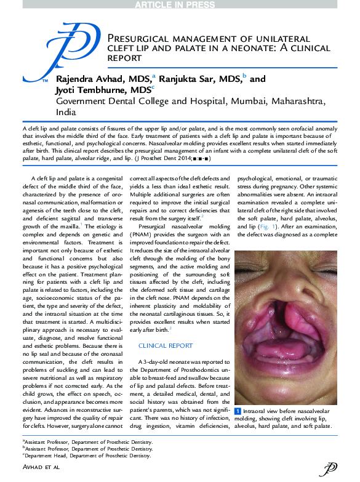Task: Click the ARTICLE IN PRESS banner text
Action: coord(180,5)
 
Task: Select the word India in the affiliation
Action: coord(66,113)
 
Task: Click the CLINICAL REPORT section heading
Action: coord(164,346)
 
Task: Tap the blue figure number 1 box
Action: coord(238,409)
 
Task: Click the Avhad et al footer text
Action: coord(41,469)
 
